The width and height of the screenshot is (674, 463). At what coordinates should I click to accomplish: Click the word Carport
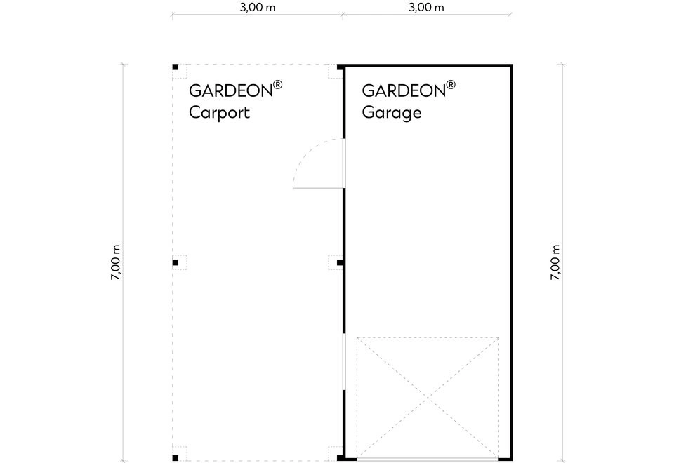pyautogui.click(x=219, y=112)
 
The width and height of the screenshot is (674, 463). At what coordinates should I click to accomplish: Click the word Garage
pyautogui.click(x=392, y=112)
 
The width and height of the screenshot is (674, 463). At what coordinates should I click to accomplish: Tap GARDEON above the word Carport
pyautogui.click(x=231, y=90)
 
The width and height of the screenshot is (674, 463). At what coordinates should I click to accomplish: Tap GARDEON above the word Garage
pyautogui.click(x=404, y=90)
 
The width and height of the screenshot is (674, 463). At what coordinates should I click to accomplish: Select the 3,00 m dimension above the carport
pyautogui.click(x=258, y=7)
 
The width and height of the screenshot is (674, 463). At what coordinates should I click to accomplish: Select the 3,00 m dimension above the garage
pyautogui.click(x=426, y=7)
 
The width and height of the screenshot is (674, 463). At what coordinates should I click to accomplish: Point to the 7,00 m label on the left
pyautogui.click(x=116, y=262)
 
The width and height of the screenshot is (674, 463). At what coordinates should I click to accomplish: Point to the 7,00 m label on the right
pyautogui.click(x=555, y=262)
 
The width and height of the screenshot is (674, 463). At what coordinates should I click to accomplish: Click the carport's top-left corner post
pyautogui.click(x=176, y=67)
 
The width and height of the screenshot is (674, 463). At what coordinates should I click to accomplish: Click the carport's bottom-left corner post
pyautogui.click(x=176, y=458)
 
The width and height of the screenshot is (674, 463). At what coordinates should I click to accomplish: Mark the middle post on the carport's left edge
pyautogui.click(x=176, y=262)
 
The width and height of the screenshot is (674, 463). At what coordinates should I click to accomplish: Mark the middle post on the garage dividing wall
pyautogui.click(x=340, y=262)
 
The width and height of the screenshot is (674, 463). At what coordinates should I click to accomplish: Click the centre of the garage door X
pyautogui.click(x=428, y=398)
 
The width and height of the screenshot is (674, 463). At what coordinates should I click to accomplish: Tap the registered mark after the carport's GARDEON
pyautogui.click(x=278, y=84)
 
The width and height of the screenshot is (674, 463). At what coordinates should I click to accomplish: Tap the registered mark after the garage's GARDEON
pyautogui.click(x=451, y=84)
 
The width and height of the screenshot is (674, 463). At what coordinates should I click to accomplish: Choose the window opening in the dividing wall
pyautogui.click(x=344, y=362)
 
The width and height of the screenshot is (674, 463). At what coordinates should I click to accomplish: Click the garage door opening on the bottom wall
pyautogui.click(x=428, y=459)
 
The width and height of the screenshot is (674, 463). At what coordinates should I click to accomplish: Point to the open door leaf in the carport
pyautogui.click(x=318, y=188)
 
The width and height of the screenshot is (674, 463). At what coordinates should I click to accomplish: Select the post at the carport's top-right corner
pyautogui.click(x=340, y=67)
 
